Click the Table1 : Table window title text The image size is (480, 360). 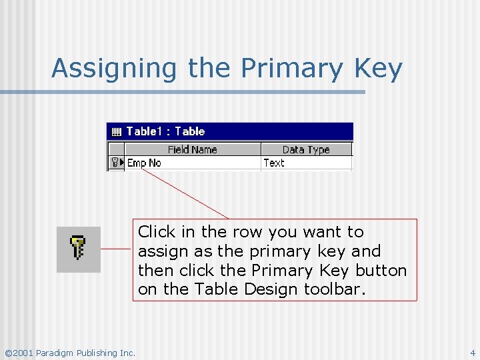[x=165, y=131]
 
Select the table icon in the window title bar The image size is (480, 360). [x=116, y=131]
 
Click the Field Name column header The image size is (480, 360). [x=192, y=149]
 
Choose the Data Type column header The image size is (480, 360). [x=306, y=149]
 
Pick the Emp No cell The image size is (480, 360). [x=145, y=163]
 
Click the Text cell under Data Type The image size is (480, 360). [x=274, y=163]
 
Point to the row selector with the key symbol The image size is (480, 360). [x=117, y=163]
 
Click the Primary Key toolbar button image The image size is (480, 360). [x=79, y=249]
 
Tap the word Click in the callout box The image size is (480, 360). [x=157, y=232]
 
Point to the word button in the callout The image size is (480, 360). [x=380, y=271]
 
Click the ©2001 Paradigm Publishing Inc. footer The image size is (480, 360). [x=69, y=353]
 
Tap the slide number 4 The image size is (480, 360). [x=473, y=353]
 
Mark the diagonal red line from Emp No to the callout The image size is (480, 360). [x=185, y=193]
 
